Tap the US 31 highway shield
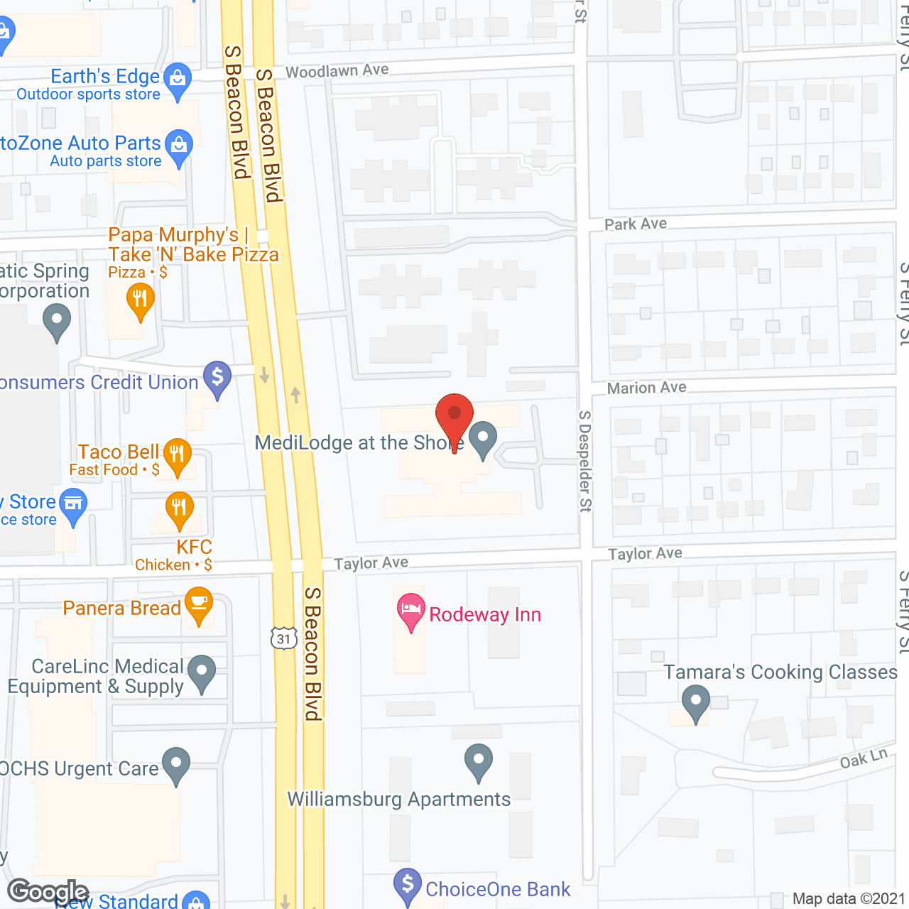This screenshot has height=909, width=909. pyautogui.click(x=283, y=638)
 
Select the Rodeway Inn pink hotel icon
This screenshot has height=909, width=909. pyautogui.click(x=410, y=611)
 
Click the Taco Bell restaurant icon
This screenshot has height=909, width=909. pyautogui.click(x=177, y=454)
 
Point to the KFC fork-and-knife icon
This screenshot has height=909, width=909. pyautogui.click(x=179, y=508)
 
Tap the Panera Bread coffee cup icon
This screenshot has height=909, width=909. pyautogui.click(x=199, y=604)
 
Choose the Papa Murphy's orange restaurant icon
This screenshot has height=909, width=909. pyautogui.click(x=140, y=300)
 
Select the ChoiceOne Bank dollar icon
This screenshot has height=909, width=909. pyautogui.click(x=408, y=885)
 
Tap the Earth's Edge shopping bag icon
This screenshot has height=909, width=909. pyautogui.click(x=178, y=78)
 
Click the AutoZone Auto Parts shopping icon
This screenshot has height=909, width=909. pyautogui.click(x=179, y=146)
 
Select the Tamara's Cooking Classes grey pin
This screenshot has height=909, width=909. pyautogui.click(x=695, y=701)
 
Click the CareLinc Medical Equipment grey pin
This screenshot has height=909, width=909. pyautogui.click(x=202, y=671)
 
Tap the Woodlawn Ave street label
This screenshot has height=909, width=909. pyautogui.click(x=337, y=70)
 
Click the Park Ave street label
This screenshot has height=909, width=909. pyautogui.click(x=636, y=224)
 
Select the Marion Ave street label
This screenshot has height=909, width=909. pyautogui.click(x=647, y=388)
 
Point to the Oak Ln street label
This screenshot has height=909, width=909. pyautogui.click(x=864, y=758)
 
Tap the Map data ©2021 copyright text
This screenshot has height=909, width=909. pyautogui.click(x=849, y=899)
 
